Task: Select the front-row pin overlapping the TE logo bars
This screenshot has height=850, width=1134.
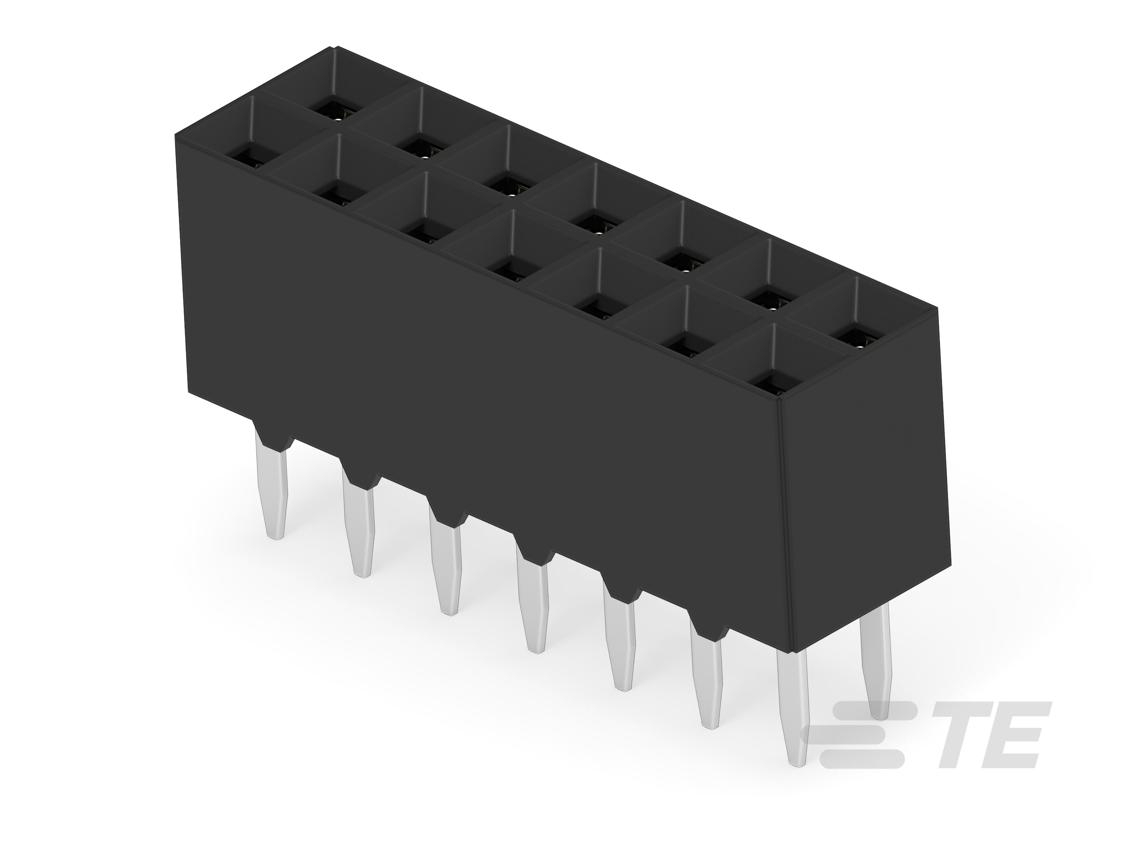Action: tap(793, 717)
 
